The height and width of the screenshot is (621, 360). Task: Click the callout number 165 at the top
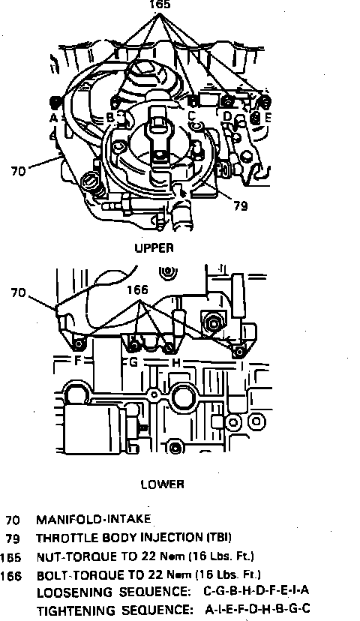point(160,4)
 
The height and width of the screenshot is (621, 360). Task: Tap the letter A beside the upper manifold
point(54,118)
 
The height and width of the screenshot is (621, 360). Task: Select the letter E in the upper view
point(268,117)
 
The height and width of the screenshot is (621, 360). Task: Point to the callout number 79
point(241,206)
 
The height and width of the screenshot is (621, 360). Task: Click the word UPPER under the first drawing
point(154,248)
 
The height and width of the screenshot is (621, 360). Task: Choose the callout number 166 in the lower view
point(137,290)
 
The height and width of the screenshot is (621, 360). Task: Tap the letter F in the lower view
point(77,361)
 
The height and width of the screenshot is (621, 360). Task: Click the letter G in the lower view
point(133,361)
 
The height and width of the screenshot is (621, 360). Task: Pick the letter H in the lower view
point(176,362)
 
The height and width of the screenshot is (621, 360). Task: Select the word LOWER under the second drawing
point(163,484)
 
